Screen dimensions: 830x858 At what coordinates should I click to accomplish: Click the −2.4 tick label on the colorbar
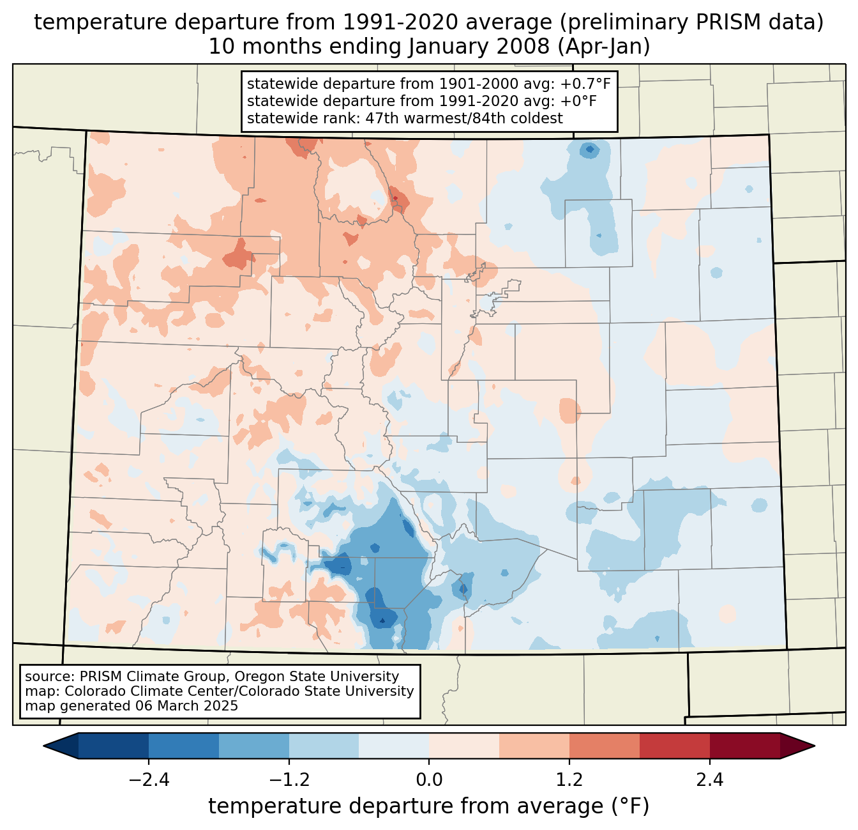pyautogui.click(x=149, y=780)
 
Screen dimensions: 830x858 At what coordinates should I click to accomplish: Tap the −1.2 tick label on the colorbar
pyautogui.click(x=289, y=780)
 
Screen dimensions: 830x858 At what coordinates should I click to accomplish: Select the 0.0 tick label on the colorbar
pyautogui.click(x=429, y=780)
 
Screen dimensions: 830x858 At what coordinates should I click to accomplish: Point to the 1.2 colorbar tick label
pyautogui.click(x=569, y=780)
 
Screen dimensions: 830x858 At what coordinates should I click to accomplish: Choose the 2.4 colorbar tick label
pyautogui.click(x=709, y=780)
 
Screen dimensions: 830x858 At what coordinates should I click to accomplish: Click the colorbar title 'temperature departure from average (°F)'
pyautogui.click(x=429, y=806)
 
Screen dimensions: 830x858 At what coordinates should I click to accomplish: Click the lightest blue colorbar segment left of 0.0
pyautogui.click(x=394, y=746)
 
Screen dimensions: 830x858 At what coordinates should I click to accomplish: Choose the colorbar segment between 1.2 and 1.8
pyautogui.click(x=604, y=746)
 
